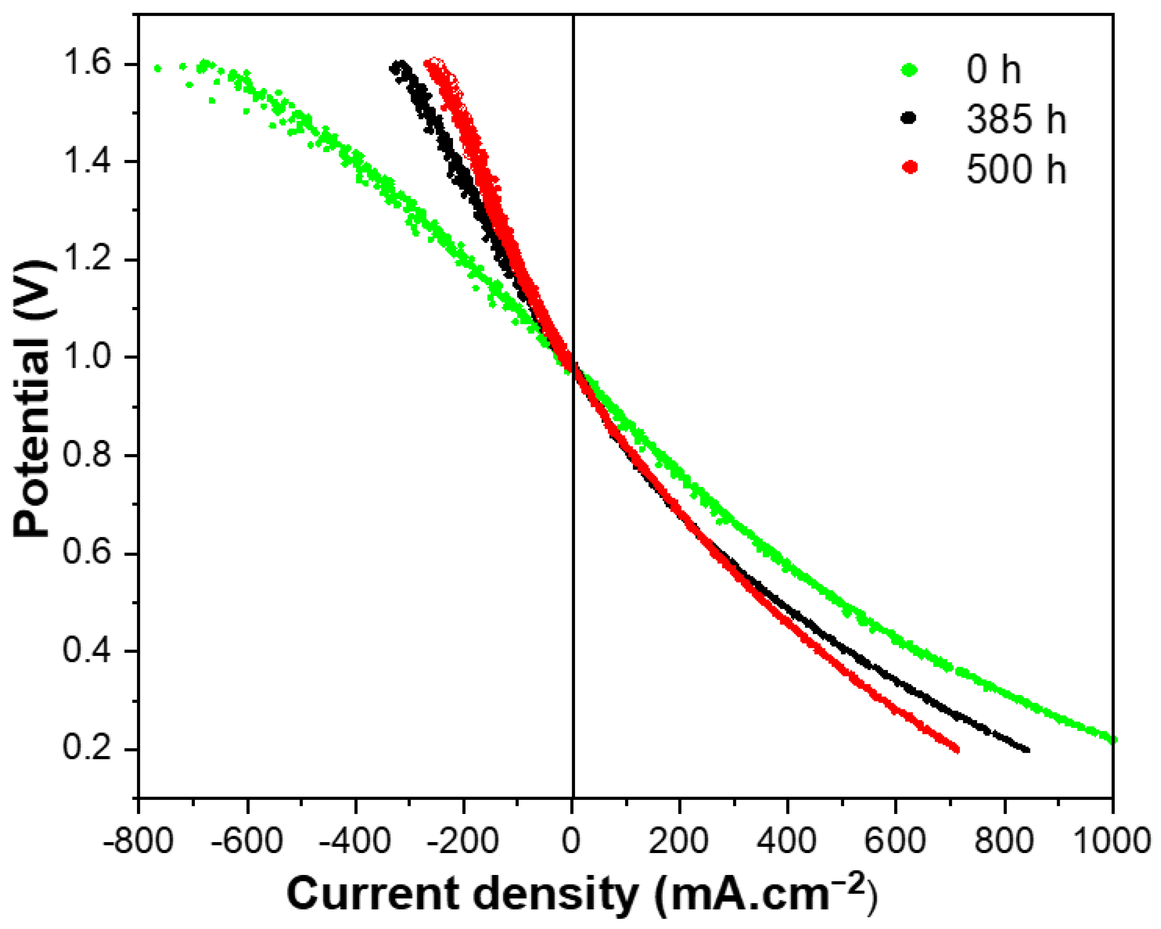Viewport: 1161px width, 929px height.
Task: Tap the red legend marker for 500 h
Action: point(909,168)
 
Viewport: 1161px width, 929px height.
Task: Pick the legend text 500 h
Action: point(1016,169)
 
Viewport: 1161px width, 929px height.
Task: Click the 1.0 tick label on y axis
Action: point(87,358)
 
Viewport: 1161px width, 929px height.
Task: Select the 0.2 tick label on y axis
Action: point(87,749)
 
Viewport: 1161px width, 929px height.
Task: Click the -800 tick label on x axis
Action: point(138,841)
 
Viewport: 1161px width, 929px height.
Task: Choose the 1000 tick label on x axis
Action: point(1111,841)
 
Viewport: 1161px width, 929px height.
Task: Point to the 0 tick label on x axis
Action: point(572,841)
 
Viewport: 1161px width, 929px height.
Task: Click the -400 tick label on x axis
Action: point(355,841)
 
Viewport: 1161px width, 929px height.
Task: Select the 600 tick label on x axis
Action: point(895,841)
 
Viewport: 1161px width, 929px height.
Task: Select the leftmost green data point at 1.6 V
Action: point(157,68)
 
